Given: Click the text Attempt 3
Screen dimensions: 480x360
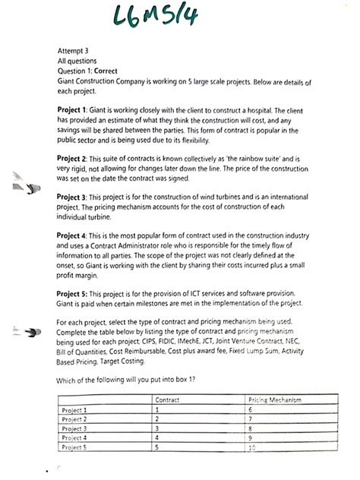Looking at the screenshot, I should click(x=73, y=50).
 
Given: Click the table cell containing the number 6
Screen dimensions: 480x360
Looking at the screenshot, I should click(x=273, y=409).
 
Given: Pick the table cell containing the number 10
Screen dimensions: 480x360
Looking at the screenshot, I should click(x=273, y=447).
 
